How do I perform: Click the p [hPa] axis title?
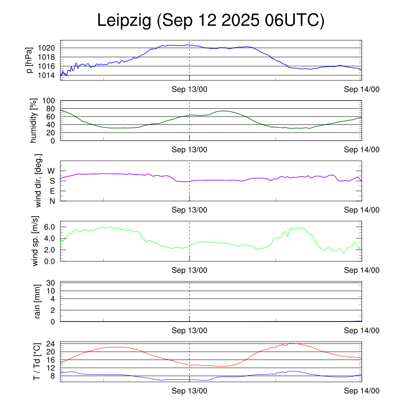coord(29,61)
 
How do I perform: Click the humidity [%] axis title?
coord(34,121)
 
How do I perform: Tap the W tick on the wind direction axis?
coord(51,171)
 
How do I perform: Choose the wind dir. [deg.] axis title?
coord(38,181)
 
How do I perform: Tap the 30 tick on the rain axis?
coord(51,283)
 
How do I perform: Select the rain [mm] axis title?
coord(38,301)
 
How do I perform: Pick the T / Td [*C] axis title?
coord(36,362)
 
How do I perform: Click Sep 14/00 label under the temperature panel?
coord(362,391)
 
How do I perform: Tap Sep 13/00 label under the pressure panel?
coord(189,89)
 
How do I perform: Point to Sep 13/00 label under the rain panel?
coord(189,331)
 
